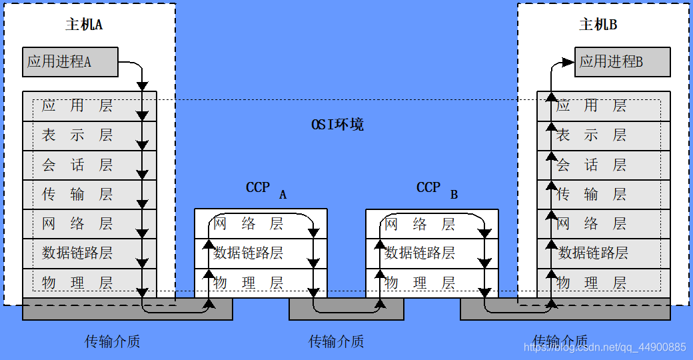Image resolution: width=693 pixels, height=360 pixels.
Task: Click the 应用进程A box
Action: [x=69, y=62]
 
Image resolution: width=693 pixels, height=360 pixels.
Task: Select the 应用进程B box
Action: [x=622, y=62]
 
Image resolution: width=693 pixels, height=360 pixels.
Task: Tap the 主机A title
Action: [x=84, y=25]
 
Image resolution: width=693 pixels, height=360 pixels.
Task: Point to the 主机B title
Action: [x=598, y=25]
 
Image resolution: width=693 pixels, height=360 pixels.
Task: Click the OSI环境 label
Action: [x=338, y=125]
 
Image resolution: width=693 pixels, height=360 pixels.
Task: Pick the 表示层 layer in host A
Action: [x=77, y=135]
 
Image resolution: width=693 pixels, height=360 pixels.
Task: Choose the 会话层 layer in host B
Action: [x=592, y=165]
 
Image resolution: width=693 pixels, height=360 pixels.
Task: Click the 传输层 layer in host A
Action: [x=77, y=194]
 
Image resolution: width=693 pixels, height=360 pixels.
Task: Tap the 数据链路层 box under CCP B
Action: [x=420, y=253]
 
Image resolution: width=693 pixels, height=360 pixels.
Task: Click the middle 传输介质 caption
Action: [x=336, y=341]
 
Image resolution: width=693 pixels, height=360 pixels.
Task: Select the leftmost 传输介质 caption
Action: [x=112, y=341]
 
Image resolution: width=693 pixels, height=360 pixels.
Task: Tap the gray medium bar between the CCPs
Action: [x=346, y=309]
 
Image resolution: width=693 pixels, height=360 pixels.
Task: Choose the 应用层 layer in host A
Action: [x=77, y=105]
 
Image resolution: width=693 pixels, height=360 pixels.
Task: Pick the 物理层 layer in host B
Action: [x=592, y=283]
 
